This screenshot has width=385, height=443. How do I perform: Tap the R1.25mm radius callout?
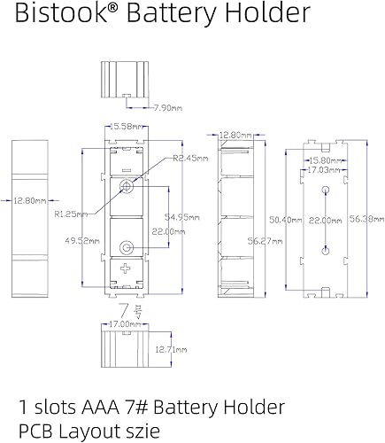click(x=70, y=214)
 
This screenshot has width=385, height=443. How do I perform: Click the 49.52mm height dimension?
click(x=64, y=239)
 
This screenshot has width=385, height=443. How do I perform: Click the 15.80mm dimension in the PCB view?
click(x=324, y=160)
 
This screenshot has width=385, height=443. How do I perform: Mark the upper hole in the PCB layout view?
click(x=324, y=190)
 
